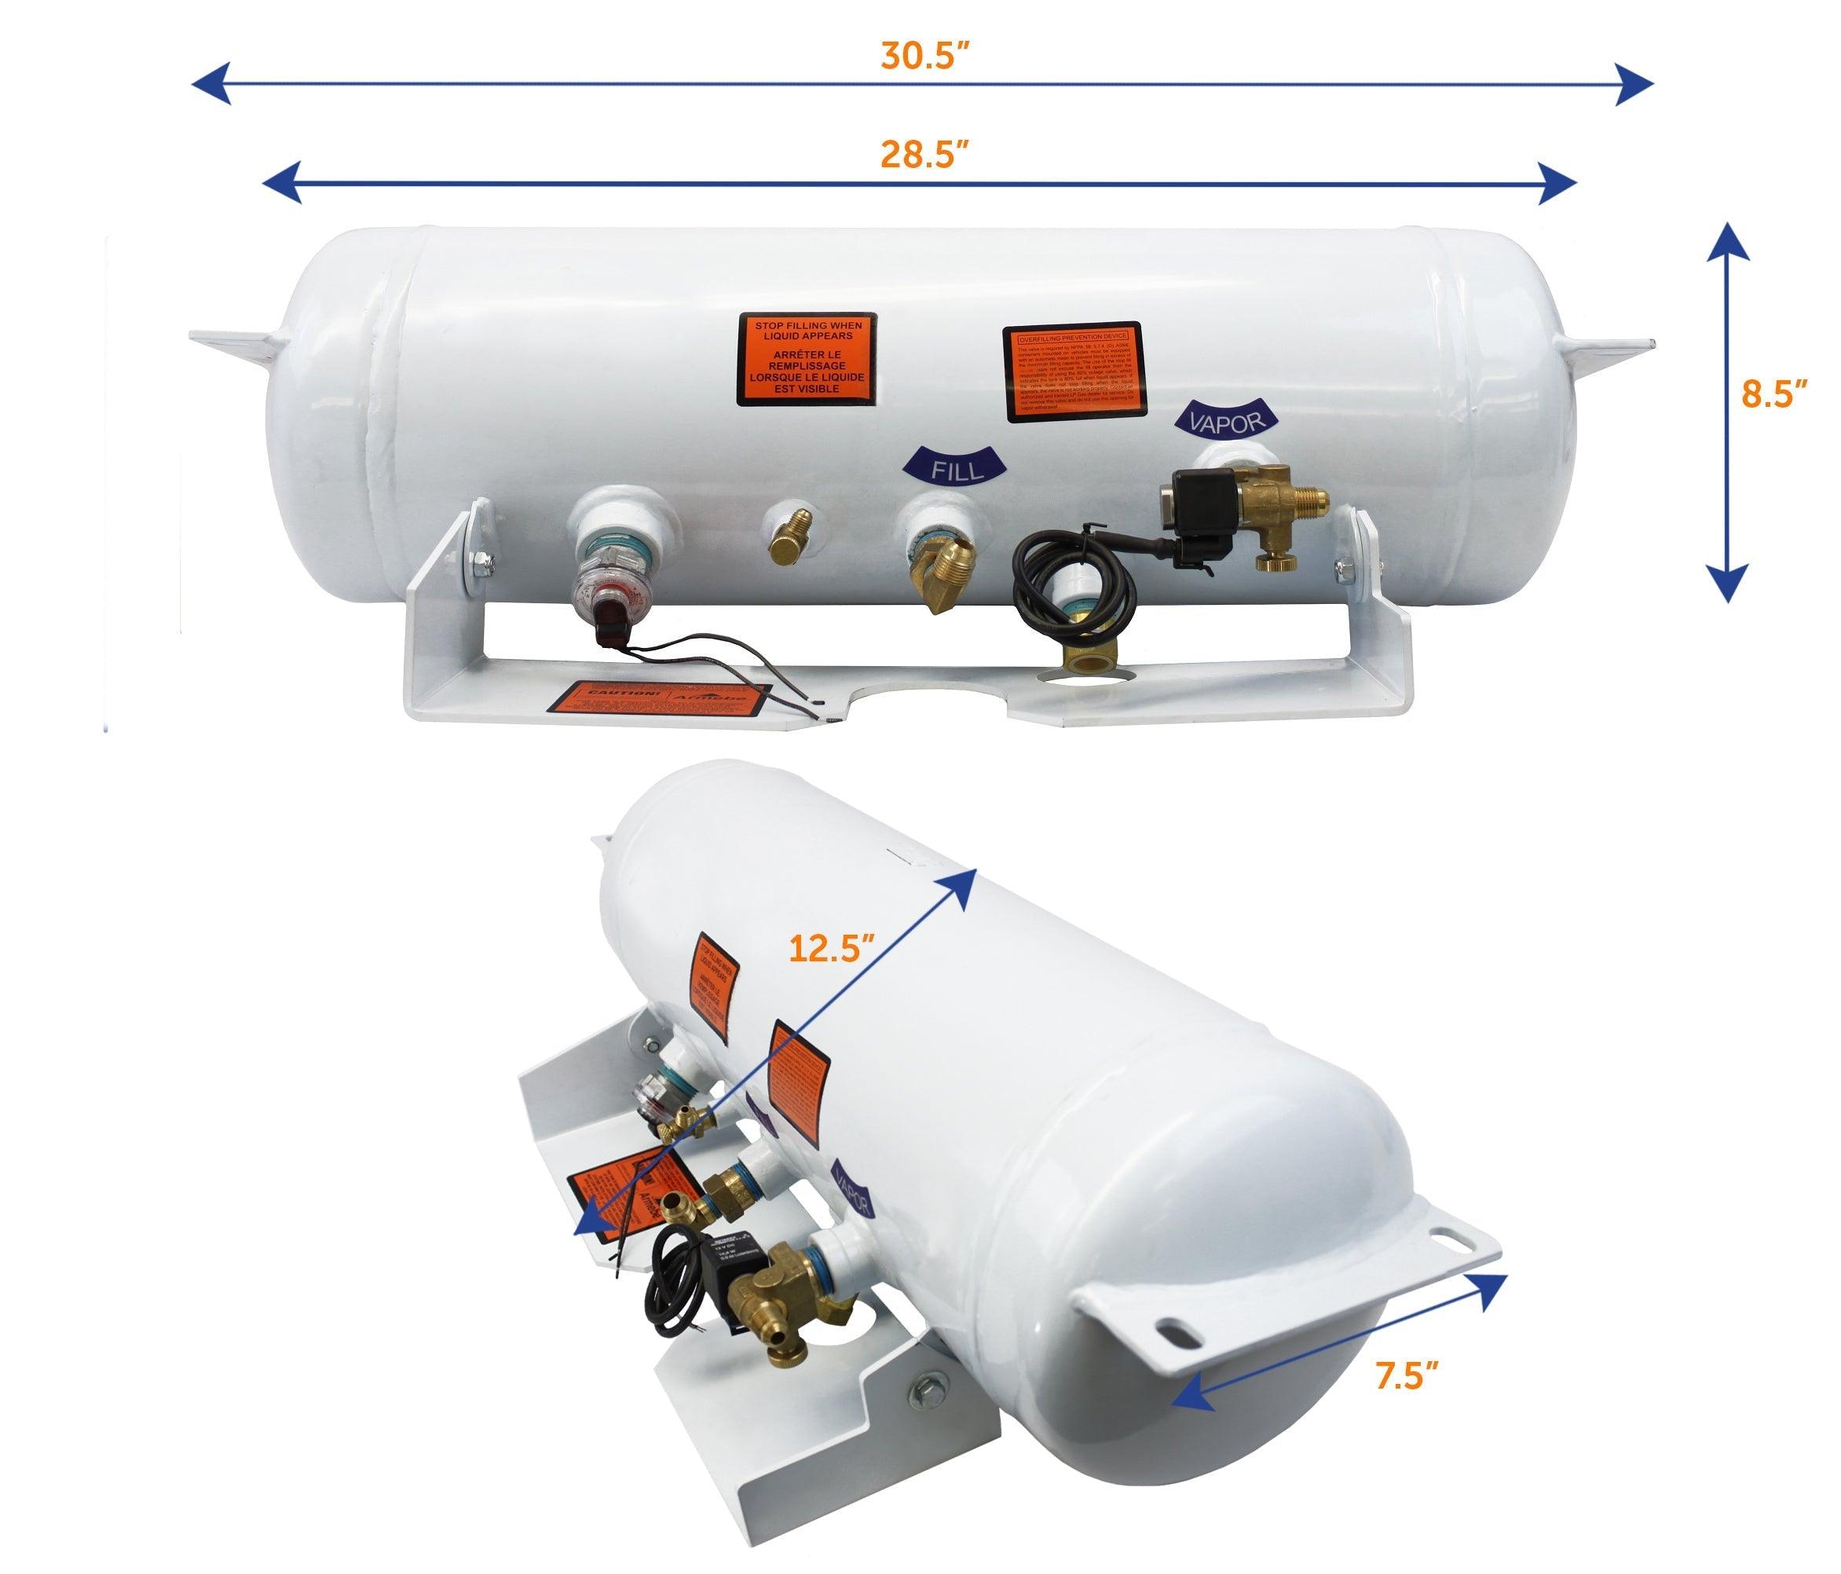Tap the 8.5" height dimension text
pos(1773,393)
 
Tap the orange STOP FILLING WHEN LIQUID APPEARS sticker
pos(807,359)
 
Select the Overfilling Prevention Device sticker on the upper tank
pos(1074,372)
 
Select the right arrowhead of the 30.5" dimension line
pos(1635,84)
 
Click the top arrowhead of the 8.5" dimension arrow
pos(1727,242)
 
